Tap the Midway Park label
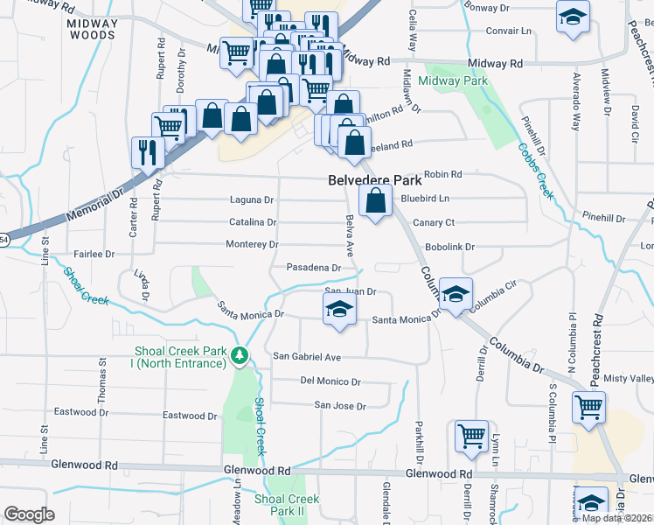tap(451, 80)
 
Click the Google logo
tap(29, 514)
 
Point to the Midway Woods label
tap(92, 29)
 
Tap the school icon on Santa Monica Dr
tap(339, 310)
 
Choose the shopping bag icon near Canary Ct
tap(375, 202)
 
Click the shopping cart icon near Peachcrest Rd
tap(589, 407)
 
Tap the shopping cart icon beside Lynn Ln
tap(472, 435)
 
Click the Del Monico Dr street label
tap(330, 381)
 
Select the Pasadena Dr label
tap(313, 267)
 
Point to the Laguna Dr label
tap(252, 199)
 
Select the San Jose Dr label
tap(340, 406)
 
